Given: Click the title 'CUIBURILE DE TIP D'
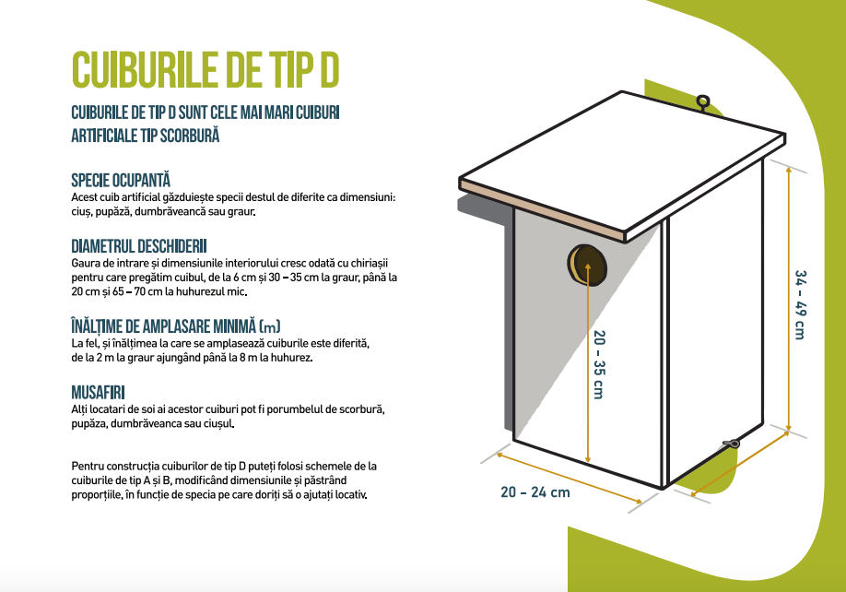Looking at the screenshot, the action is tap(206, 70).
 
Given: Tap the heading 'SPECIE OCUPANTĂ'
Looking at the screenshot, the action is tap(121, 180).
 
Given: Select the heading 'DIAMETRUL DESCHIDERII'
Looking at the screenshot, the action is tap(139, 246).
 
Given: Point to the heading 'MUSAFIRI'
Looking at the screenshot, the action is tap(99, 392).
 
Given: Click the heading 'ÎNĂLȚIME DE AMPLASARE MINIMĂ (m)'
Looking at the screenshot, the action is tap(176, 326).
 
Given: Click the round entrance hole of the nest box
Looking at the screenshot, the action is tap(587, 265).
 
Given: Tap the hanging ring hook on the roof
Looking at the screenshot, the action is tap(703, 102).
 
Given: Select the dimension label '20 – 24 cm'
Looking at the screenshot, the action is tap(535, 492).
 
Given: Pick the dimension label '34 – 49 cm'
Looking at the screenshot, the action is tap(801, 304).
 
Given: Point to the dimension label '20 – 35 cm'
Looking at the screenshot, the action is tap(599, 364).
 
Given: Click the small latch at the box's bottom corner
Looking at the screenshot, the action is tap(731, 444).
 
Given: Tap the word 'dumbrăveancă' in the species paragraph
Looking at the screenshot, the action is tap(170, 211).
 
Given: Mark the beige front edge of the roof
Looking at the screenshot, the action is tap(542, 211).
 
